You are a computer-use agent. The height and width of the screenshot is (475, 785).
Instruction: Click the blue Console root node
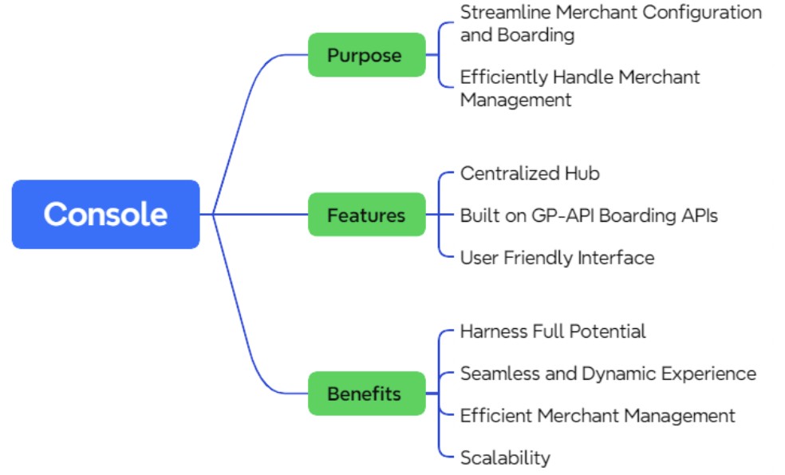click(105, 214)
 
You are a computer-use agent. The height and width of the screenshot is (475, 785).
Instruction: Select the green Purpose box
click(366, 55)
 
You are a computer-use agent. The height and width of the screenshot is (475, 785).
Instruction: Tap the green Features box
click(366, 215)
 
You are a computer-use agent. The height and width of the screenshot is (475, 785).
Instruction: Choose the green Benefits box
click(366, 394)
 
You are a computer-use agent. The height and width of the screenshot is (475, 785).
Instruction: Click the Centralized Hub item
click(530, 173)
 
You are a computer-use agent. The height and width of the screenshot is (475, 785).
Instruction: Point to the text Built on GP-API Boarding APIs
click(589, 215)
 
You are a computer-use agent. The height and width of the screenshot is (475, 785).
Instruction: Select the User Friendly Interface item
click(557, 257)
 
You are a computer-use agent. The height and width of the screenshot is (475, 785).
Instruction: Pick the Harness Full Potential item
click(553, 331)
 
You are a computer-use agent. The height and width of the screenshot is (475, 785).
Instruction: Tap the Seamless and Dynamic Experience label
click(608, 373)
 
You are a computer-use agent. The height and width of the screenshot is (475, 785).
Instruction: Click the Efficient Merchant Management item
click(598, 415)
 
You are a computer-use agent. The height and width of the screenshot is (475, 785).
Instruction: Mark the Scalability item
click(505, 457)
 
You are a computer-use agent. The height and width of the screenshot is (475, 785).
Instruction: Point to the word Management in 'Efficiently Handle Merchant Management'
click(515, 100)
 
